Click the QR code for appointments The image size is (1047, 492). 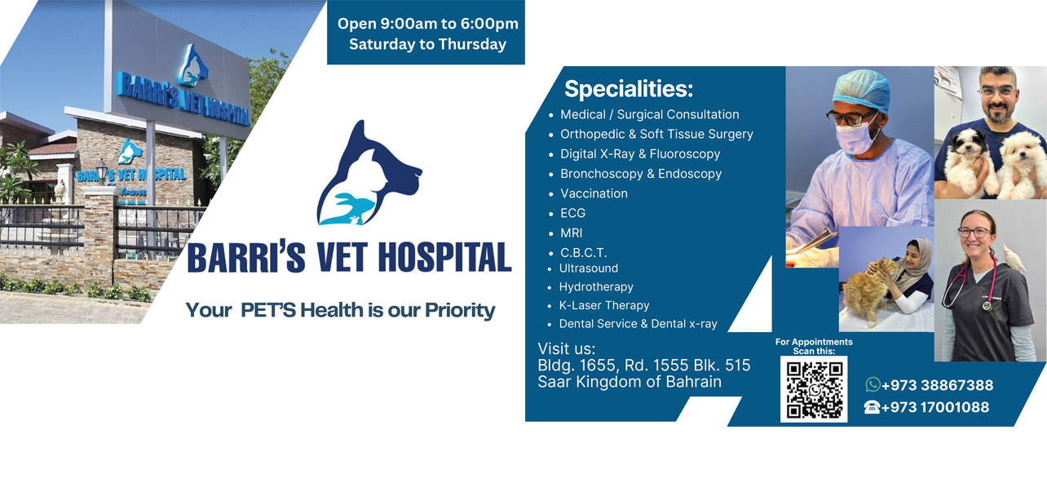tap(814, 389)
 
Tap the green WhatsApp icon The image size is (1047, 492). tap(872, 384)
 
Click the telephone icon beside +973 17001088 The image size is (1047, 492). tap(872, 407)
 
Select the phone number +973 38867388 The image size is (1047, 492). tap(937, 385)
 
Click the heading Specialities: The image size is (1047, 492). tap(629, 89)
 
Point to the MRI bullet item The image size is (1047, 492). tap(571, 233)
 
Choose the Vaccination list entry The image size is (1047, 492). tap(594, 193)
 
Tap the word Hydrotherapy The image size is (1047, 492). tap(596, 286)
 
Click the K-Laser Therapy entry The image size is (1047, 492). tap(604, 305)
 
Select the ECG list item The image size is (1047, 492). tap(572, 213)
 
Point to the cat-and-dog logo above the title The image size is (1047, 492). tap(369, 173)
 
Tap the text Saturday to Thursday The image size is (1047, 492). tap(427, 44)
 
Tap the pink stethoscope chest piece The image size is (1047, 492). tap(987, 305)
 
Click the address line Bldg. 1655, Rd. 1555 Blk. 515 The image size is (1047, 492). tap(643, 365)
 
